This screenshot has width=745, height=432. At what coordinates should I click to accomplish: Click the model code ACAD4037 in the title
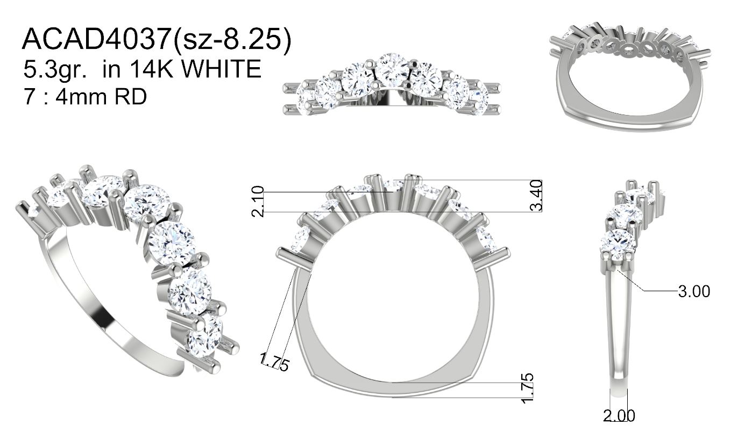(96, 39)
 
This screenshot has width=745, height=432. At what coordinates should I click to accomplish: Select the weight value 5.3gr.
(55, 70)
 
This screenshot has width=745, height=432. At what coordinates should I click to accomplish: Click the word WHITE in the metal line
(222, 69)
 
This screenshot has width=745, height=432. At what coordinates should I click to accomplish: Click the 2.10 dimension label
(258, 201)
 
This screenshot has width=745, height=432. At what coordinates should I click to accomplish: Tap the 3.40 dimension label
(535, 196)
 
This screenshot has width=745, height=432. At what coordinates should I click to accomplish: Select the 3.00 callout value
(694, 291)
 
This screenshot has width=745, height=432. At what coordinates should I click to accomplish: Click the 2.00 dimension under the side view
(619, 415)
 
